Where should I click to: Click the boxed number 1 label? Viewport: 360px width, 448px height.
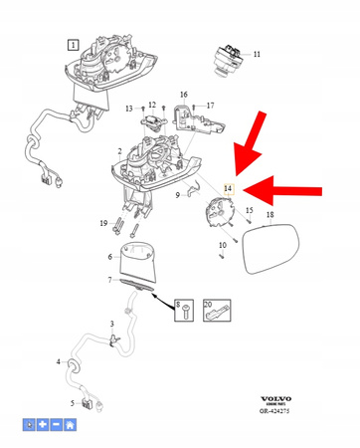tap(72, 45)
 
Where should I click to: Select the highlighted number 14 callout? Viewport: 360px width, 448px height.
tap(228, 187)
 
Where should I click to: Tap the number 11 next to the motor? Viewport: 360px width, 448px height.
tap(258, 55)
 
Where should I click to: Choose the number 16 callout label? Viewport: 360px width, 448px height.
tap(183, 95)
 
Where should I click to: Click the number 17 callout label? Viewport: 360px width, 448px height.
tap(209, 104)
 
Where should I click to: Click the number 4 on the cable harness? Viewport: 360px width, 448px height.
tap(59, 361)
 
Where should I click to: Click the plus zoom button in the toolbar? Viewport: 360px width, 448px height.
tap(43, 425)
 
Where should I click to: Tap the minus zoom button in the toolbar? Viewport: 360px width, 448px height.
tap(57, 425)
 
